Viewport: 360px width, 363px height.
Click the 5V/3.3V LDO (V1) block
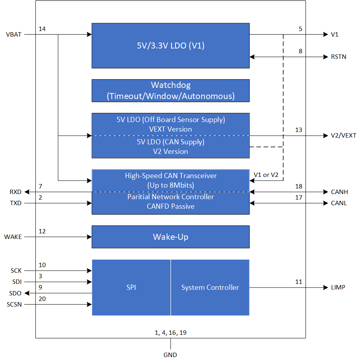click(x=170, y=46)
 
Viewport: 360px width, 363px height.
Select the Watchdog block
click(x=170, y=91)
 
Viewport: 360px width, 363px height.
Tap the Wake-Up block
click(x=170, y=237)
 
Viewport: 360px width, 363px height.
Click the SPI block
click(x=131, y=287)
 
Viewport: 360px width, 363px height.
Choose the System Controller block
click(x=210, y=287)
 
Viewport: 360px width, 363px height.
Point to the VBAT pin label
click(x=14, y=35)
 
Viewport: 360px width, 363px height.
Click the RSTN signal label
click(x=339, y=57)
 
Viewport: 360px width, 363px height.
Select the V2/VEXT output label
click(x=343, y=136)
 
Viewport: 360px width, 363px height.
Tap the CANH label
click(x=339, y=192)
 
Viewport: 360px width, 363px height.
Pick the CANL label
click(x=339, y=203)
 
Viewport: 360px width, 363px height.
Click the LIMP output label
click(x=338, y=287)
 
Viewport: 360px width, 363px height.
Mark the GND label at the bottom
click(x=170, y=355)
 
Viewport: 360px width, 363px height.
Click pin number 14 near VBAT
click(x=42, y=29)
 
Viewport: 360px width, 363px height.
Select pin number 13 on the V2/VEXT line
click(x=299, y=130)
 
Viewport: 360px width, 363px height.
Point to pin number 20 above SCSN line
click(x=42, y=299)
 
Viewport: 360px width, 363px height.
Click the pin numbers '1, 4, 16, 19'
click(x=170, y=333)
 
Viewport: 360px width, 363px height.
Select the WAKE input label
click(x=13, y=237)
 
